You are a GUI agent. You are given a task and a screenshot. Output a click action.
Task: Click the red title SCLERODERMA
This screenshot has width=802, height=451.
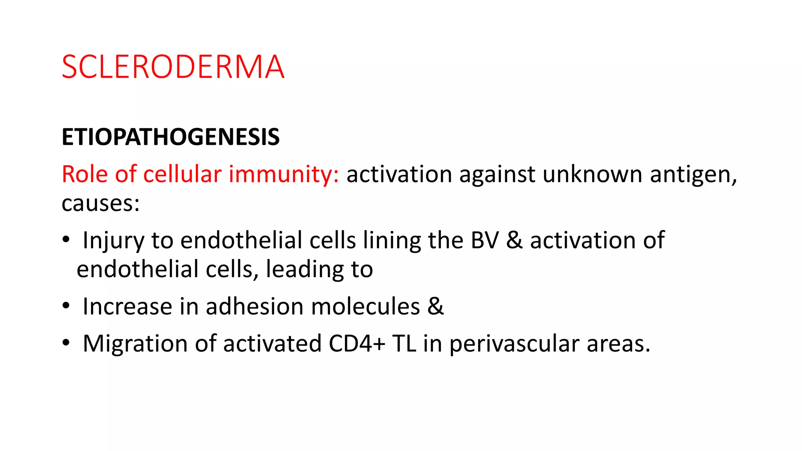click(173, 67)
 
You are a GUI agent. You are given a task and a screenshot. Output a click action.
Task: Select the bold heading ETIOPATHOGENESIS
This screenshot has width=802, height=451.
click(170, 137)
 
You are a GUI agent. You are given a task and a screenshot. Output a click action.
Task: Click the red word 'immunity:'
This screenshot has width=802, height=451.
click(284, 175)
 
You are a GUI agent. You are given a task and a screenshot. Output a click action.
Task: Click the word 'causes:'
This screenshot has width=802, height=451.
click(100, 204)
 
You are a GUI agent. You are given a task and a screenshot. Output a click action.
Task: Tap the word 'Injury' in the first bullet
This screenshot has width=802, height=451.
click(113, 240)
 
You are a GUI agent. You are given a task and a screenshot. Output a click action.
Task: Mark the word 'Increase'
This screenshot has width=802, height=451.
click(127, 306)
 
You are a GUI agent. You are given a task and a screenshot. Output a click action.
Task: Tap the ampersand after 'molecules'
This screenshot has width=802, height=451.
click(435, 306)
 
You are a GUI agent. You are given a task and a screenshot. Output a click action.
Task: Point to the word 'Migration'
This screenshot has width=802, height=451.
click(135, 344)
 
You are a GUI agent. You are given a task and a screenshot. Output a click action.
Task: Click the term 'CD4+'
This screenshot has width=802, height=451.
click(357, 344)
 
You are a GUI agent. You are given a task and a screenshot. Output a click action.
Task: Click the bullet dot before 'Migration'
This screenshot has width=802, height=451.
click(66, 343)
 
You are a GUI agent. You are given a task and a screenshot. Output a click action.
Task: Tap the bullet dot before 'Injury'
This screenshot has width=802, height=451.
click(66, 240)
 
